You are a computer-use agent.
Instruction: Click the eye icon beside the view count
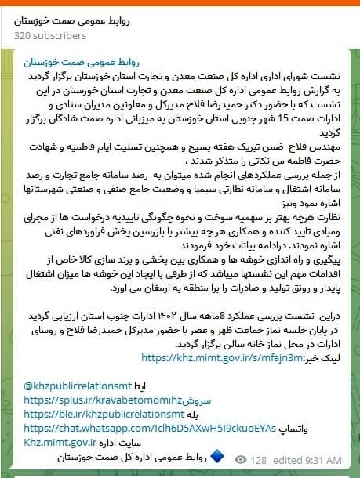point(242,459)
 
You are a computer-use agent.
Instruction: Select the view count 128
point(259,459)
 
